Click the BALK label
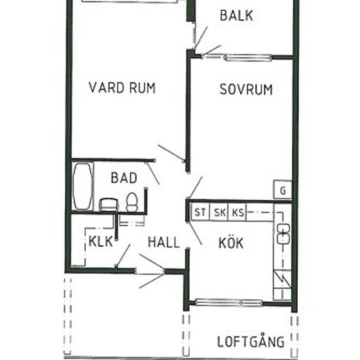[x=236, y=16]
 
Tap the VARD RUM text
[x=122, y=88]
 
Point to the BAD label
[x=123, y=177]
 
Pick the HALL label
[x=163, y=242]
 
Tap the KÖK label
[x=230, y=243]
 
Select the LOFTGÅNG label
[x=251, y=341]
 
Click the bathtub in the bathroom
[x=82, y=186]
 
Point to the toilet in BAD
[x=132, y=202]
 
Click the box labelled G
[x=283, y=190]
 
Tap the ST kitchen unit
[x=198, y=212]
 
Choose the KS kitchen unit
[x=238, y=212]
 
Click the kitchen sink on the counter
[x=283, y=232]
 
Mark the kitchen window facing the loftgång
[x=229, y=302]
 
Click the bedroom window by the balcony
[x=247, y=58]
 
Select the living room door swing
[x=171, y=154]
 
